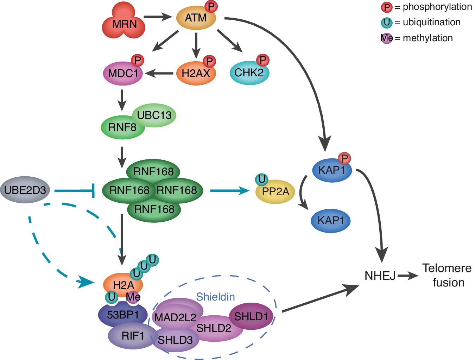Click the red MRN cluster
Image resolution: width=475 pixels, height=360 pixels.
123,22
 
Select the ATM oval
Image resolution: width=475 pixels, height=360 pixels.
196,18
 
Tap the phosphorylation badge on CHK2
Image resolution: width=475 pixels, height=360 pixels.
262,60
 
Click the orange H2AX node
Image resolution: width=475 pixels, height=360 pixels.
196,74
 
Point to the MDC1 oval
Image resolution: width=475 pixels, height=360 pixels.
123,74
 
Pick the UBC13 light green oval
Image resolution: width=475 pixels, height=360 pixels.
155,115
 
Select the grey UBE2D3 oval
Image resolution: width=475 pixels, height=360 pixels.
25,190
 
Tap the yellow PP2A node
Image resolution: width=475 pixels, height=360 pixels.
275,192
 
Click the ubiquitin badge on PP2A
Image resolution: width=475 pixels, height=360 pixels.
261,179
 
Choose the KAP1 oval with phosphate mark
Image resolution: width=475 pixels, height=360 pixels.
331,170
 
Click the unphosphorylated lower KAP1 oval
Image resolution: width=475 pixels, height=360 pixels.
330,221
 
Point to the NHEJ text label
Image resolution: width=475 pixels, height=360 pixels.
380,276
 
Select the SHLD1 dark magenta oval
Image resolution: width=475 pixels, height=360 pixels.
251,316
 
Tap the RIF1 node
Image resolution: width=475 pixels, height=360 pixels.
133,336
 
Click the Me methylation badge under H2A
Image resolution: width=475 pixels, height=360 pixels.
133,297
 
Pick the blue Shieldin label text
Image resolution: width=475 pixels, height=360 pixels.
215,297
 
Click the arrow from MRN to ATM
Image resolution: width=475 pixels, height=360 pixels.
157,17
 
